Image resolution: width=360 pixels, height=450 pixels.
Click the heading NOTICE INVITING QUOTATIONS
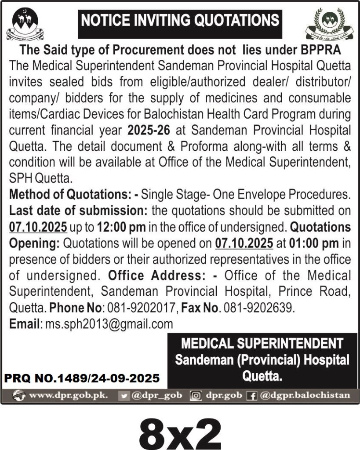point(179,20)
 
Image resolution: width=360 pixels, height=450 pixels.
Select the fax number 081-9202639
point(257,306)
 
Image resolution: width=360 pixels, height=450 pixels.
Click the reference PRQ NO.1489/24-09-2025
point(82,377)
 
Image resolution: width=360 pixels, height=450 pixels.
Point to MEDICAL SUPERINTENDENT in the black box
point(262,343)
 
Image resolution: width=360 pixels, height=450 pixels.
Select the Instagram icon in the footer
point(196,395)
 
